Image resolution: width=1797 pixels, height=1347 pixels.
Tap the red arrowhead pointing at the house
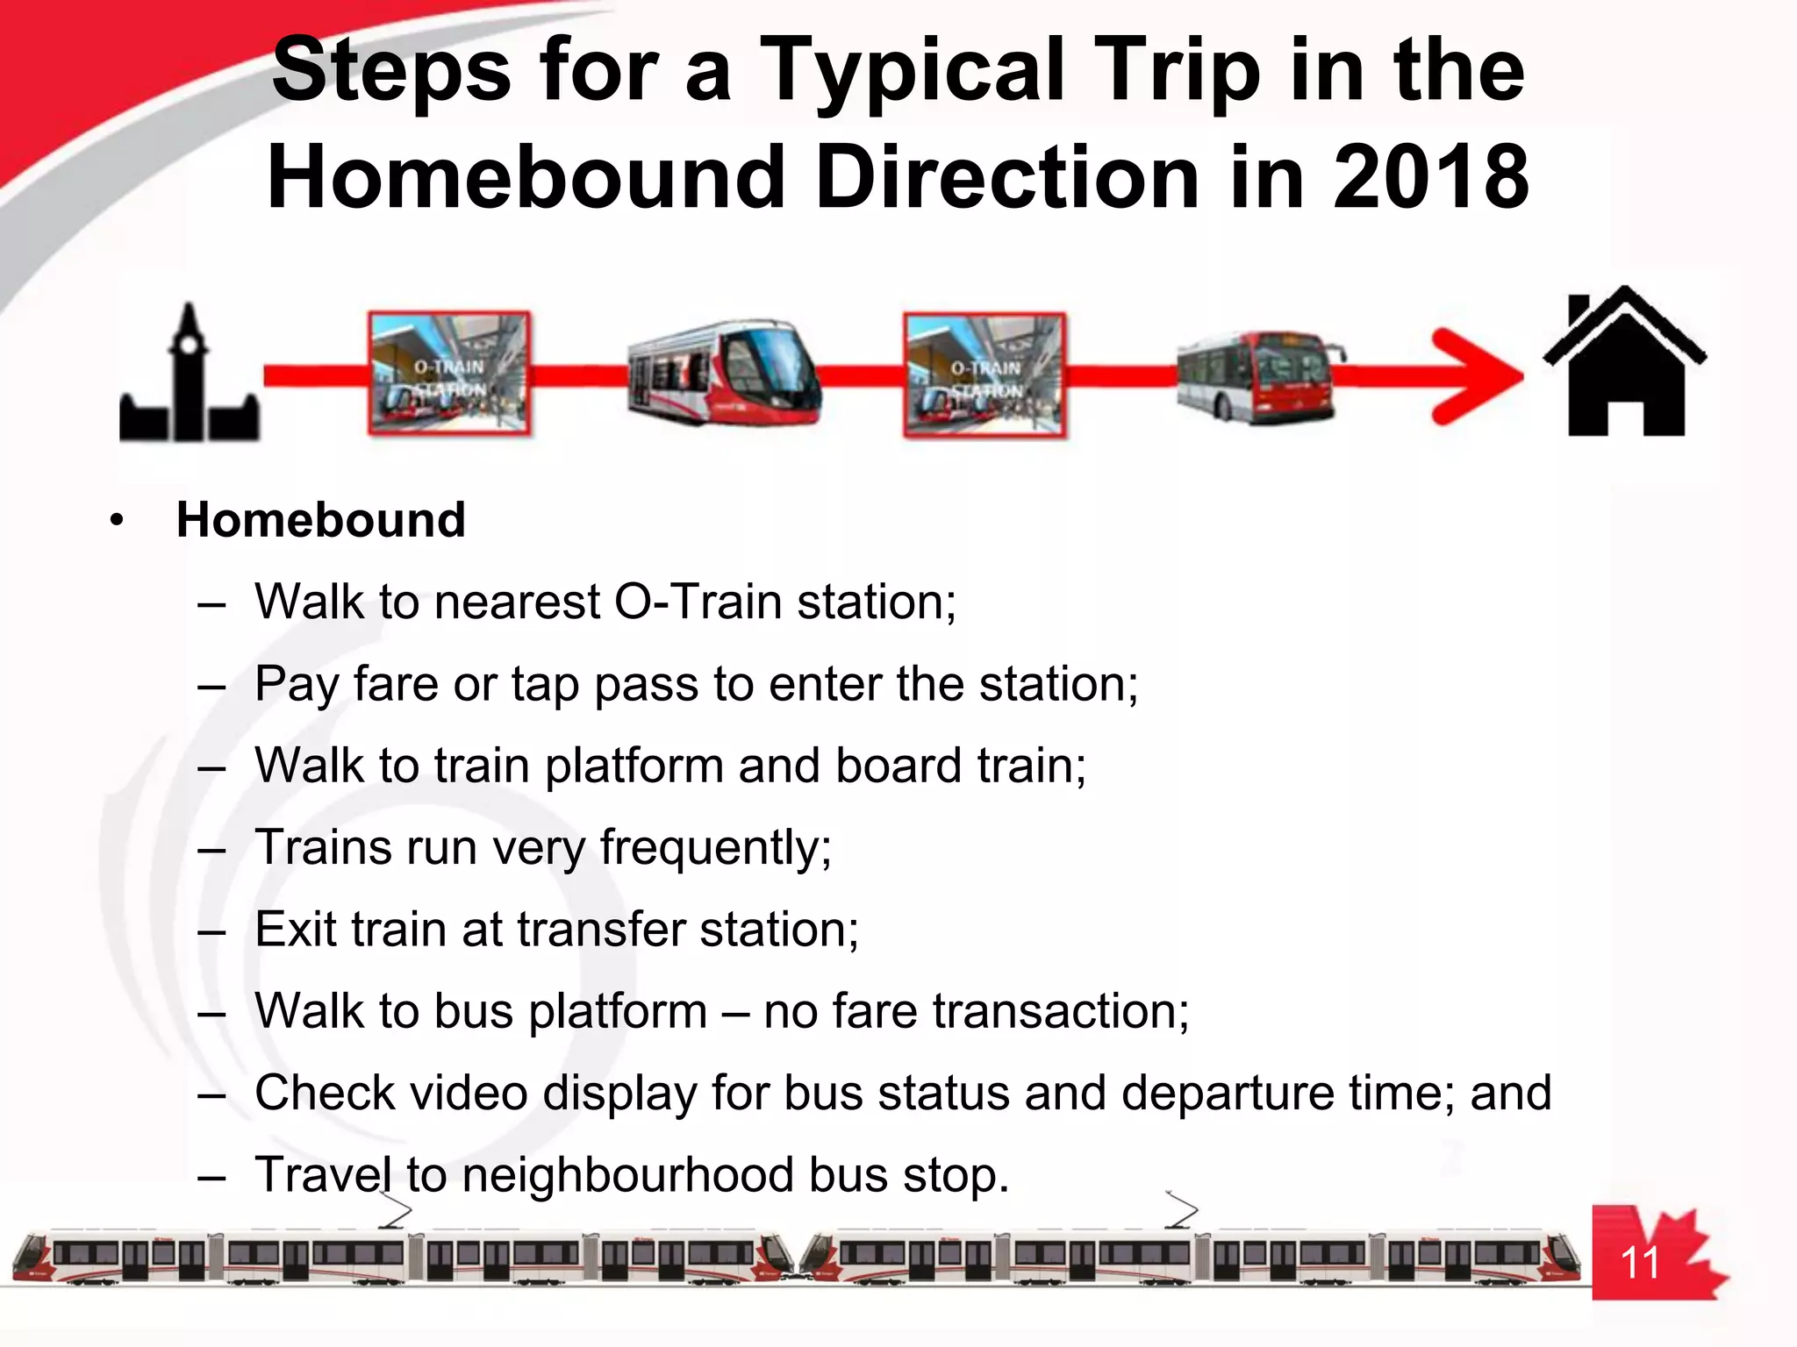[1478, 375]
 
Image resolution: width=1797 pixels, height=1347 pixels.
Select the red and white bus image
[1259, 377]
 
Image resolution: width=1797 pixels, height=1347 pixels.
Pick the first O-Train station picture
[449, 374]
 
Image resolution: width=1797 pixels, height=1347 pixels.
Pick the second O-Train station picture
[985, 375]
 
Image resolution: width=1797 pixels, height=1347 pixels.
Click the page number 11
[1639, 1264]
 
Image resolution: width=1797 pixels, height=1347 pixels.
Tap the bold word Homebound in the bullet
[320, 520]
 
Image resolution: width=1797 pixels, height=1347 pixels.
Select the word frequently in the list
[715, 848]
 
